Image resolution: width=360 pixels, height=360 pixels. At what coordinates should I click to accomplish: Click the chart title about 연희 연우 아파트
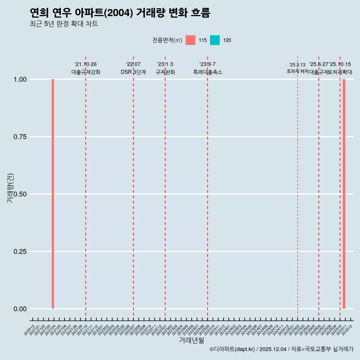120,13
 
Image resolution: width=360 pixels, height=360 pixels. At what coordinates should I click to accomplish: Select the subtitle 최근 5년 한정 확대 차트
64,24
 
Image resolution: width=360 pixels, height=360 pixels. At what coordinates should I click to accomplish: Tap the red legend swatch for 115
190,40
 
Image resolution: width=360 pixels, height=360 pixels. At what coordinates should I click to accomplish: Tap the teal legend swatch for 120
215,40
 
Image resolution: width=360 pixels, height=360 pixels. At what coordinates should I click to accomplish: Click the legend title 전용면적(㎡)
167,40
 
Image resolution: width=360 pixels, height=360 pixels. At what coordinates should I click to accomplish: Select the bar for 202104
53,194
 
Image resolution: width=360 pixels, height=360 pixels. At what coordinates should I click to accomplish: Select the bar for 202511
344,194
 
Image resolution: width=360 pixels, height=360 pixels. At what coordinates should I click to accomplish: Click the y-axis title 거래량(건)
10,188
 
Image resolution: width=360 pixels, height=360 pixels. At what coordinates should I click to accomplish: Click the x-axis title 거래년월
192,340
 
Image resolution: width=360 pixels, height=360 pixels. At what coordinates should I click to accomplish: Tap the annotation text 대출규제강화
86,72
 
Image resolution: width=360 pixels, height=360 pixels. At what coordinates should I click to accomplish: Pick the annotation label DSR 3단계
133,72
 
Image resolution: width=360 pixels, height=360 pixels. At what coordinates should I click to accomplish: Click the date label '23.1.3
165,64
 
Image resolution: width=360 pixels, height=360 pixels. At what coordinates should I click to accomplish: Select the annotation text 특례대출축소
207,72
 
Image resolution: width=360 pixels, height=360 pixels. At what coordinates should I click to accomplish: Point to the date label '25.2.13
297,65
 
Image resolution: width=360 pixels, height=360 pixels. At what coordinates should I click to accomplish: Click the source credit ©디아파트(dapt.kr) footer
281,349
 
